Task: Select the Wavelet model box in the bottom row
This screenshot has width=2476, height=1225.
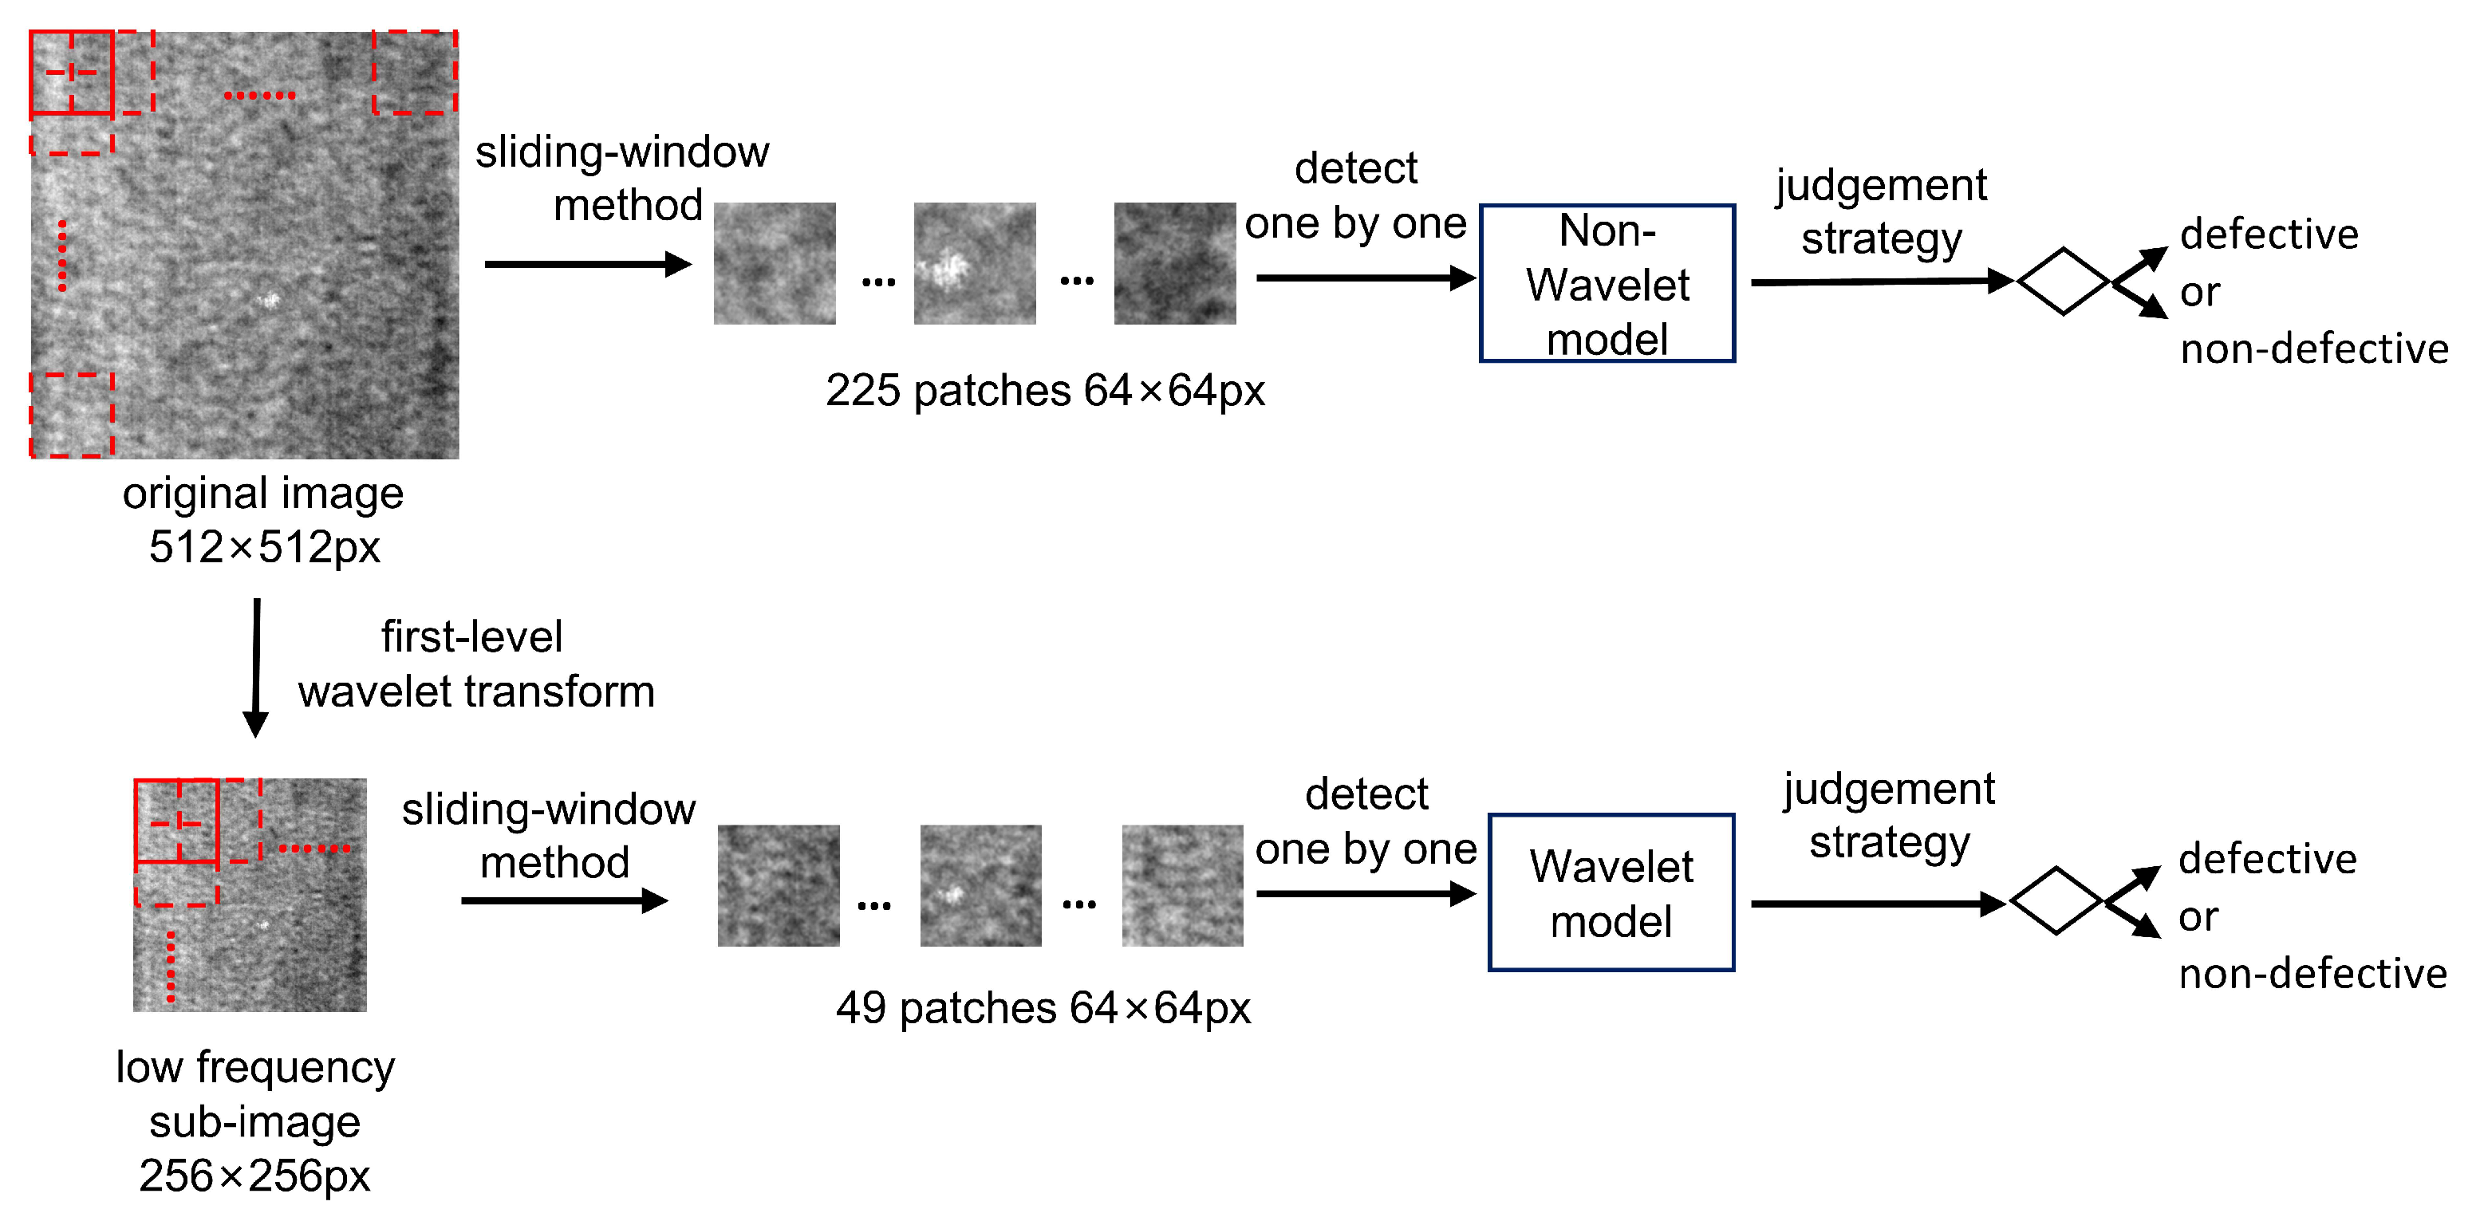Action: tap(1611, 892)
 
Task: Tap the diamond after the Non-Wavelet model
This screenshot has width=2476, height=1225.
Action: tap(2063, 281)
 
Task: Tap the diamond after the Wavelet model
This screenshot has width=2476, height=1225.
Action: tap(2056, 900)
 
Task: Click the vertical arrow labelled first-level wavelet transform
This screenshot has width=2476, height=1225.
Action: tap(256, 668)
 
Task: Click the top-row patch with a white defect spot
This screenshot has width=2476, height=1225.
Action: tap(975, 262)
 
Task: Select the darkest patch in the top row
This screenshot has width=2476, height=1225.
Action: tap(1174, 262)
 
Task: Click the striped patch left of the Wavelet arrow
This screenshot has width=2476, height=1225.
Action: tap(1182, 885)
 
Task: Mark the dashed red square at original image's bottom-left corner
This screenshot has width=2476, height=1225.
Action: tap(72, 415)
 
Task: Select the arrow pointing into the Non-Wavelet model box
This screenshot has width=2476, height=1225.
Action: tap(1365, 278)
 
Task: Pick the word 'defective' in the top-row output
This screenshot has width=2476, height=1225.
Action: tap(2269, 234)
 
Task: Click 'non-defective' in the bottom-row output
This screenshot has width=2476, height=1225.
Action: tap(2312, 973)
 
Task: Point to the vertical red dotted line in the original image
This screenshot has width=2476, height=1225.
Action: tap(62, 254)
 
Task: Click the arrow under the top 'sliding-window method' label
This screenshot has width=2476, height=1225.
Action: tap(587, 263)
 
